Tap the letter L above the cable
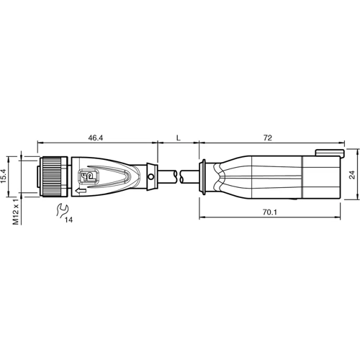tap(177, 135)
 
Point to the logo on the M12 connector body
tap(90, 174)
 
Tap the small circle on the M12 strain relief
tap(150, 175)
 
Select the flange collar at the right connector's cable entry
tap(203, 175)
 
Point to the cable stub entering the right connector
tap(189, 175)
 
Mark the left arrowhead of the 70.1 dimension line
tap(201, 199)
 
